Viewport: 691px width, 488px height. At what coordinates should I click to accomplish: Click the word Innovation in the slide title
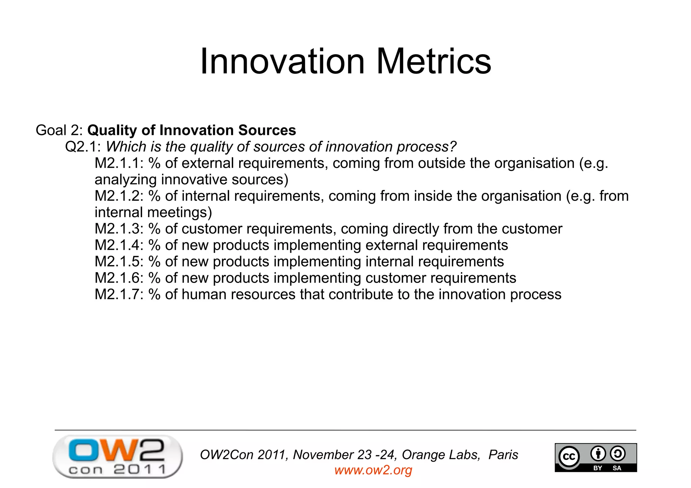click(x=282, y=61)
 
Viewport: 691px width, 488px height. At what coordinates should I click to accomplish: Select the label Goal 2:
click(x=59, y=131)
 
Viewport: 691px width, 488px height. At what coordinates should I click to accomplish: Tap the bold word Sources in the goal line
click(x=267, y=131)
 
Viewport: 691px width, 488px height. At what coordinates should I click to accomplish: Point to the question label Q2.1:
click(x=83, y=147)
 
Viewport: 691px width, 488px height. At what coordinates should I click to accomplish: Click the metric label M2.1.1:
click(x=119, y=163)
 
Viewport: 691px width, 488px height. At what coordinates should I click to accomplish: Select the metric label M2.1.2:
click(x=119, y=196)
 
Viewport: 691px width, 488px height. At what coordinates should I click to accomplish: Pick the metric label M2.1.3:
click(x=119, y=229)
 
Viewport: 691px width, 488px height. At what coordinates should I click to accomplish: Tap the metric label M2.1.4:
click(x=119, y=245)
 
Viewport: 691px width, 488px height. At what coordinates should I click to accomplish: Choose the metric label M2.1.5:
click(x=119, y=262)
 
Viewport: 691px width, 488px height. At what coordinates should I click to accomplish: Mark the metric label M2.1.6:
click(x=119, y=278)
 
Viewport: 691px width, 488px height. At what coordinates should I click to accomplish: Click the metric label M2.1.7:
click(x=119, y=294)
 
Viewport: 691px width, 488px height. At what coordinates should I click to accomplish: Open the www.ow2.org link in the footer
click(x=373, y=470)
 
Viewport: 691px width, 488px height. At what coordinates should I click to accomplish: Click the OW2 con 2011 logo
click(x=117, y=457)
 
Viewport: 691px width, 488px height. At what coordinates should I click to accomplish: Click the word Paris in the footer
click(x=503, y=455)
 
